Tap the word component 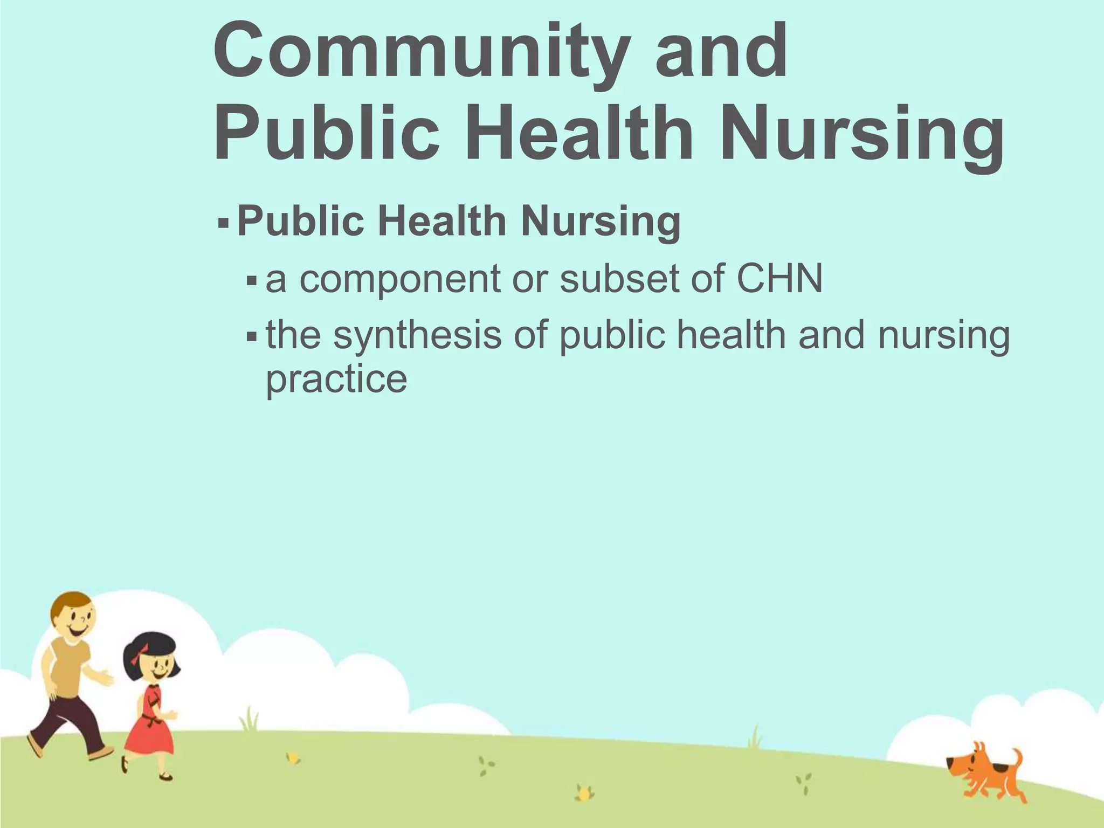400,279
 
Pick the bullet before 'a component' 251,280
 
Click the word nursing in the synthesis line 944,335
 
